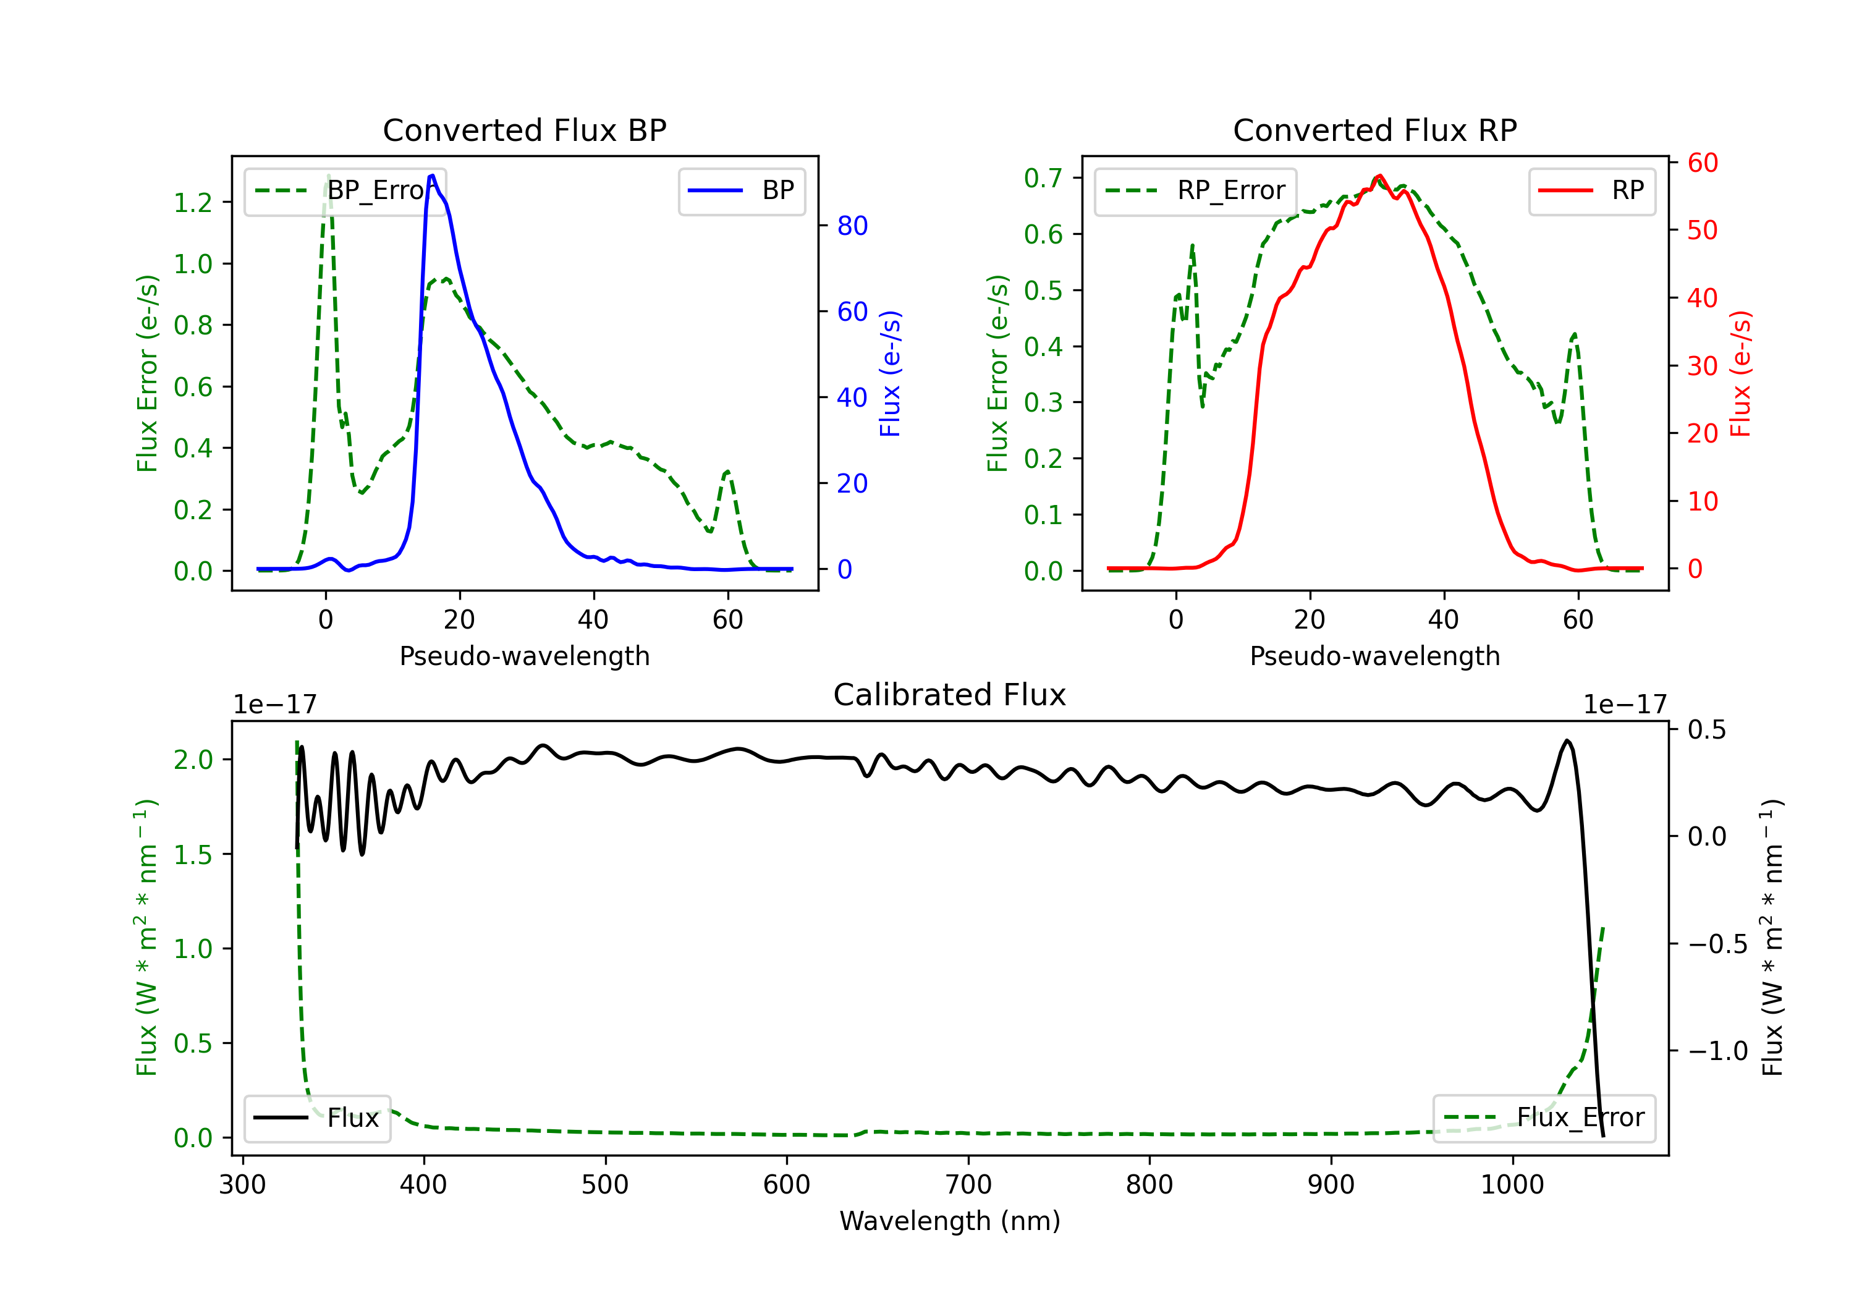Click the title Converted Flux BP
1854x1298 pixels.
click(524, 130)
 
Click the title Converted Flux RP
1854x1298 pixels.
click(1374, 130)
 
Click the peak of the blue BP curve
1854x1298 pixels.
click(432, 176)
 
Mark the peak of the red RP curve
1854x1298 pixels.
click(1379, 176)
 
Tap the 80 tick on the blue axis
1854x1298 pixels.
click(852, 226)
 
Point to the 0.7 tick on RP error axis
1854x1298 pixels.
click(1043, 179)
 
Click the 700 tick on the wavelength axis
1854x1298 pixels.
click(968, 1184)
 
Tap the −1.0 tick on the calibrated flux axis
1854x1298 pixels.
click(1717, 1051)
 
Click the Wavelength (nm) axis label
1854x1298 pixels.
click(950, 1221)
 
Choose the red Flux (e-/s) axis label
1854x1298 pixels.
click(1740, 373)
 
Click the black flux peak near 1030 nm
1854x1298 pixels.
click(1567, 740)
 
